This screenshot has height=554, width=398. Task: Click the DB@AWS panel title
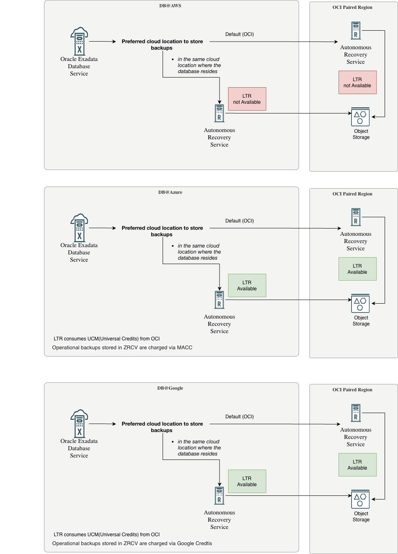170,6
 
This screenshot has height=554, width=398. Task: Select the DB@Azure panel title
170,192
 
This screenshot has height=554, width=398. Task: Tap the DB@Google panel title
170,388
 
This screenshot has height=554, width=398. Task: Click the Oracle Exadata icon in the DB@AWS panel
79,41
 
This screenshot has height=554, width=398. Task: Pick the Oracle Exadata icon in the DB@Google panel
79,424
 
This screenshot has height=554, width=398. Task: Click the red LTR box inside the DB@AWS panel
247,99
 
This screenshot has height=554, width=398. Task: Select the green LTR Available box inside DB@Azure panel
247,285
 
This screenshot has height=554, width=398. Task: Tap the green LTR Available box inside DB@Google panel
247,481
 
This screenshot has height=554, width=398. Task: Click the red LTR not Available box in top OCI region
358,82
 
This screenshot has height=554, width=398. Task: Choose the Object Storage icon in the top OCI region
360,117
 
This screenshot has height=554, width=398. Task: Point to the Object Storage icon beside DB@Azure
360,304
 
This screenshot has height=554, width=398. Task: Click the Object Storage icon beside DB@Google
360,499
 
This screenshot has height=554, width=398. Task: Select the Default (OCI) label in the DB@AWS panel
239,34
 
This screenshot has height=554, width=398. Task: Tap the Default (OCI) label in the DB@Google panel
239,417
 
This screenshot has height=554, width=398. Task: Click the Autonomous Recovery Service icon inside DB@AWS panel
219,113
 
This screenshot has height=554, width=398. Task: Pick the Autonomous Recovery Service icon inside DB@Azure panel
219,300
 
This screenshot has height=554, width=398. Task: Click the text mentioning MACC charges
122,348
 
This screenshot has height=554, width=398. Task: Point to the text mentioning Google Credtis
132,544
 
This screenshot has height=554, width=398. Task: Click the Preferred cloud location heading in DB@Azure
162,231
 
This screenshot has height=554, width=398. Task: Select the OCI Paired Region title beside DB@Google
352,390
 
